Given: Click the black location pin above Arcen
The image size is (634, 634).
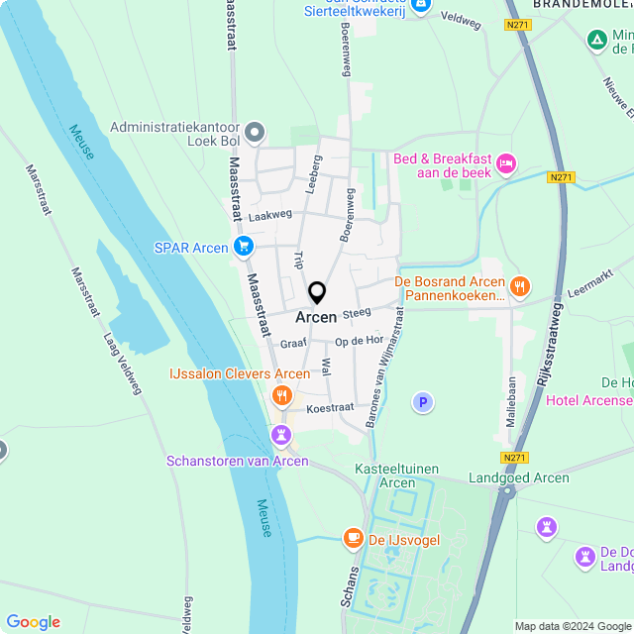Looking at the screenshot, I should coord(317,293).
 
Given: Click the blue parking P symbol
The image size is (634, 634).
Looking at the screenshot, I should coord(423,402).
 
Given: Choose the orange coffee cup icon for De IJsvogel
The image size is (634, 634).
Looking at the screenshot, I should coord(353,538).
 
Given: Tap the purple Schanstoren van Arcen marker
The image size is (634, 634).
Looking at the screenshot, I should coord(282,435).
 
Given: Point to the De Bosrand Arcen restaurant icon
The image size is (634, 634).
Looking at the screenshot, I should coord(520,287).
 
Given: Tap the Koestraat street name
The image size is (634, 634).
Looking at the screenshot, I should coord(330,407).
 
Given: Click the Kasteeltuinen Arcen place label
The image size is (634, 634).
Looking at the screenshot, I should coord(398,475).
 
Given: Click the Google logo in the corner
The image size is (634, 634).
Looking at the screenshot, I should coord(34,622).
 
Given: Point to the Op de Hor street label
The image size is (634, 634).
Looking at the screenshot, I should coord(359,340).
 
